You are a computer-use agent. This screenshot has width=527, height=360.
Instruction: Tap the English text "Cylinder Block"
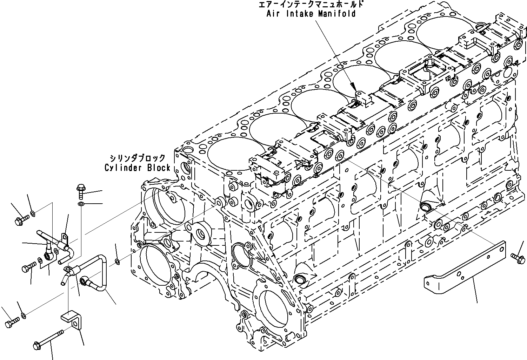(x=137, y=168)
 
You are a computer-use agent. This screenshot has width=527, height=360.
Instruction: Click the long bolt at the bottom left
(x=49, y=339)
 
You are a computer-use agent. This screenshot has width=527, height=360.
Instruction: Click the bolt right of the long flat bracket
(x=518, y=258)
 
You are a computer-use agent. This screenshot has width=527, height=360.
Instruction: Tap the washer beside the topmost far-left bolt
(x=33, y=213)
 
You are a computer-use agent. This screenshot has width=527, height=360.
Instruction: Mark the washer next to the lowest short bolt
(x=23, y=316)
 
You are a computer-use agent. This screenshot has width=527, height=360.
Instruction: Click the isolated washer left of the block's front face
(x=118, y=261)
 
